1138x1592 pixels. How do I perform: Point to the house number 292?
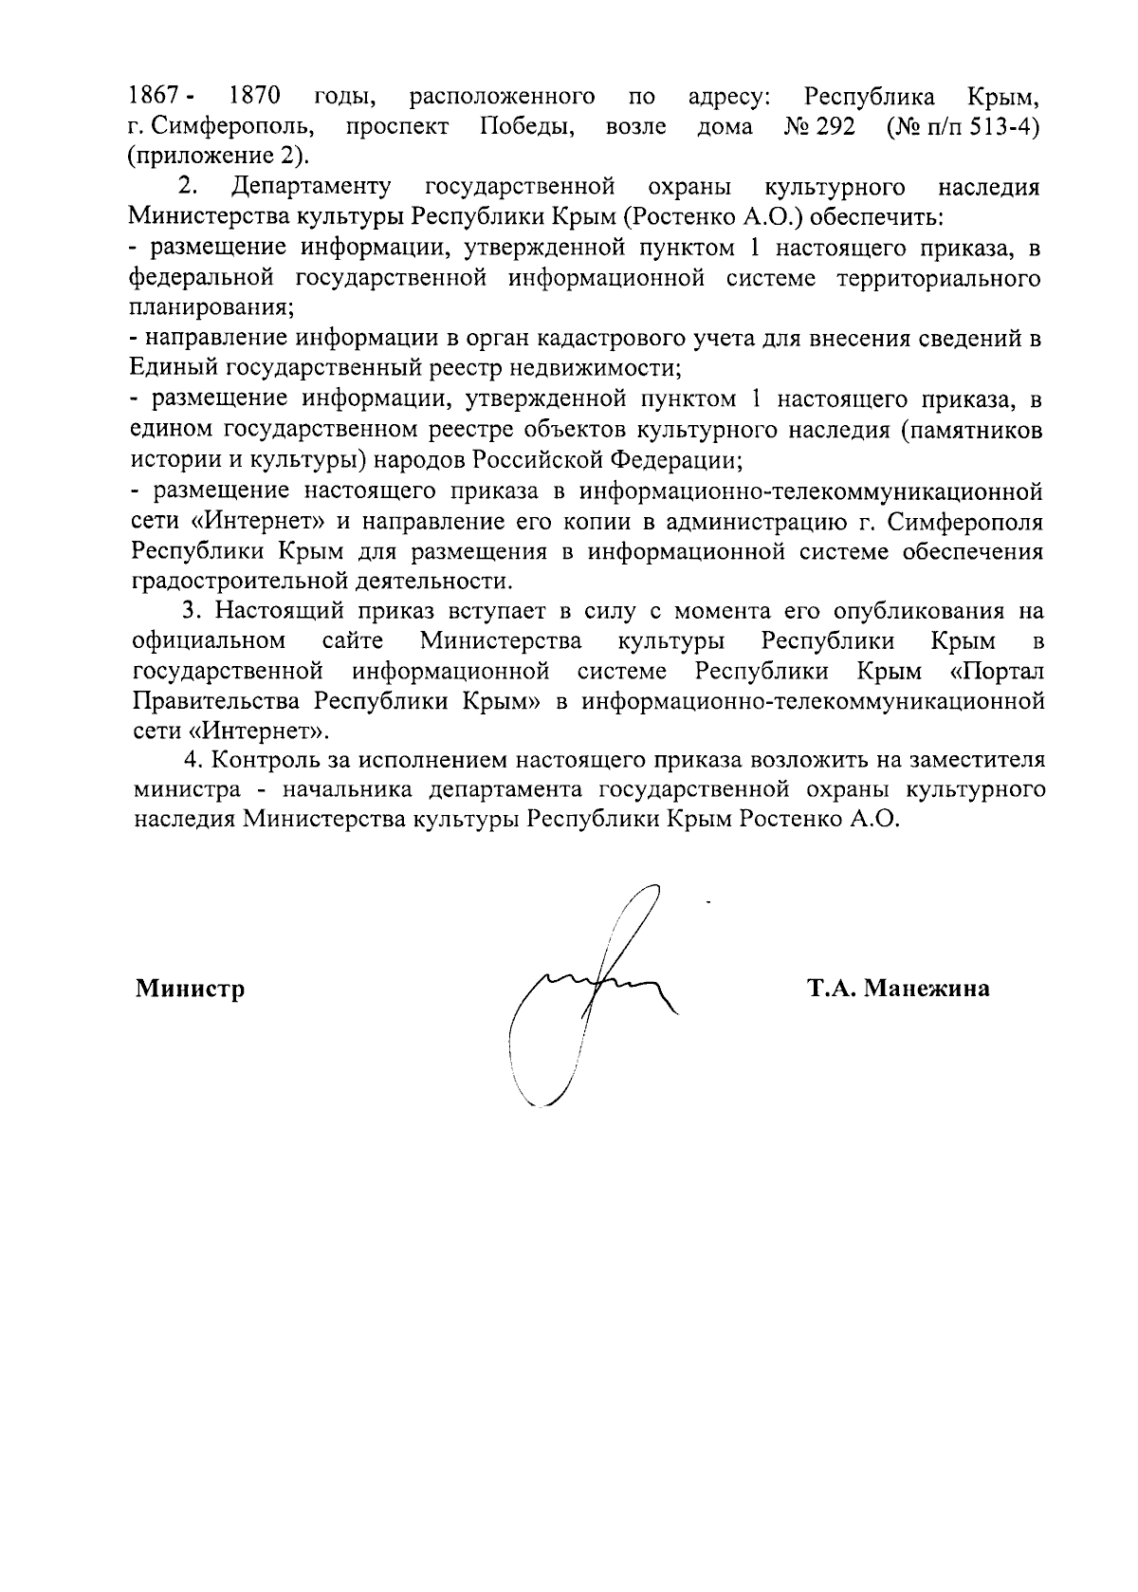835,127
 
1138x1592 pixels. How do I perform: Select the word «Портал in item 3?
996,672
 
